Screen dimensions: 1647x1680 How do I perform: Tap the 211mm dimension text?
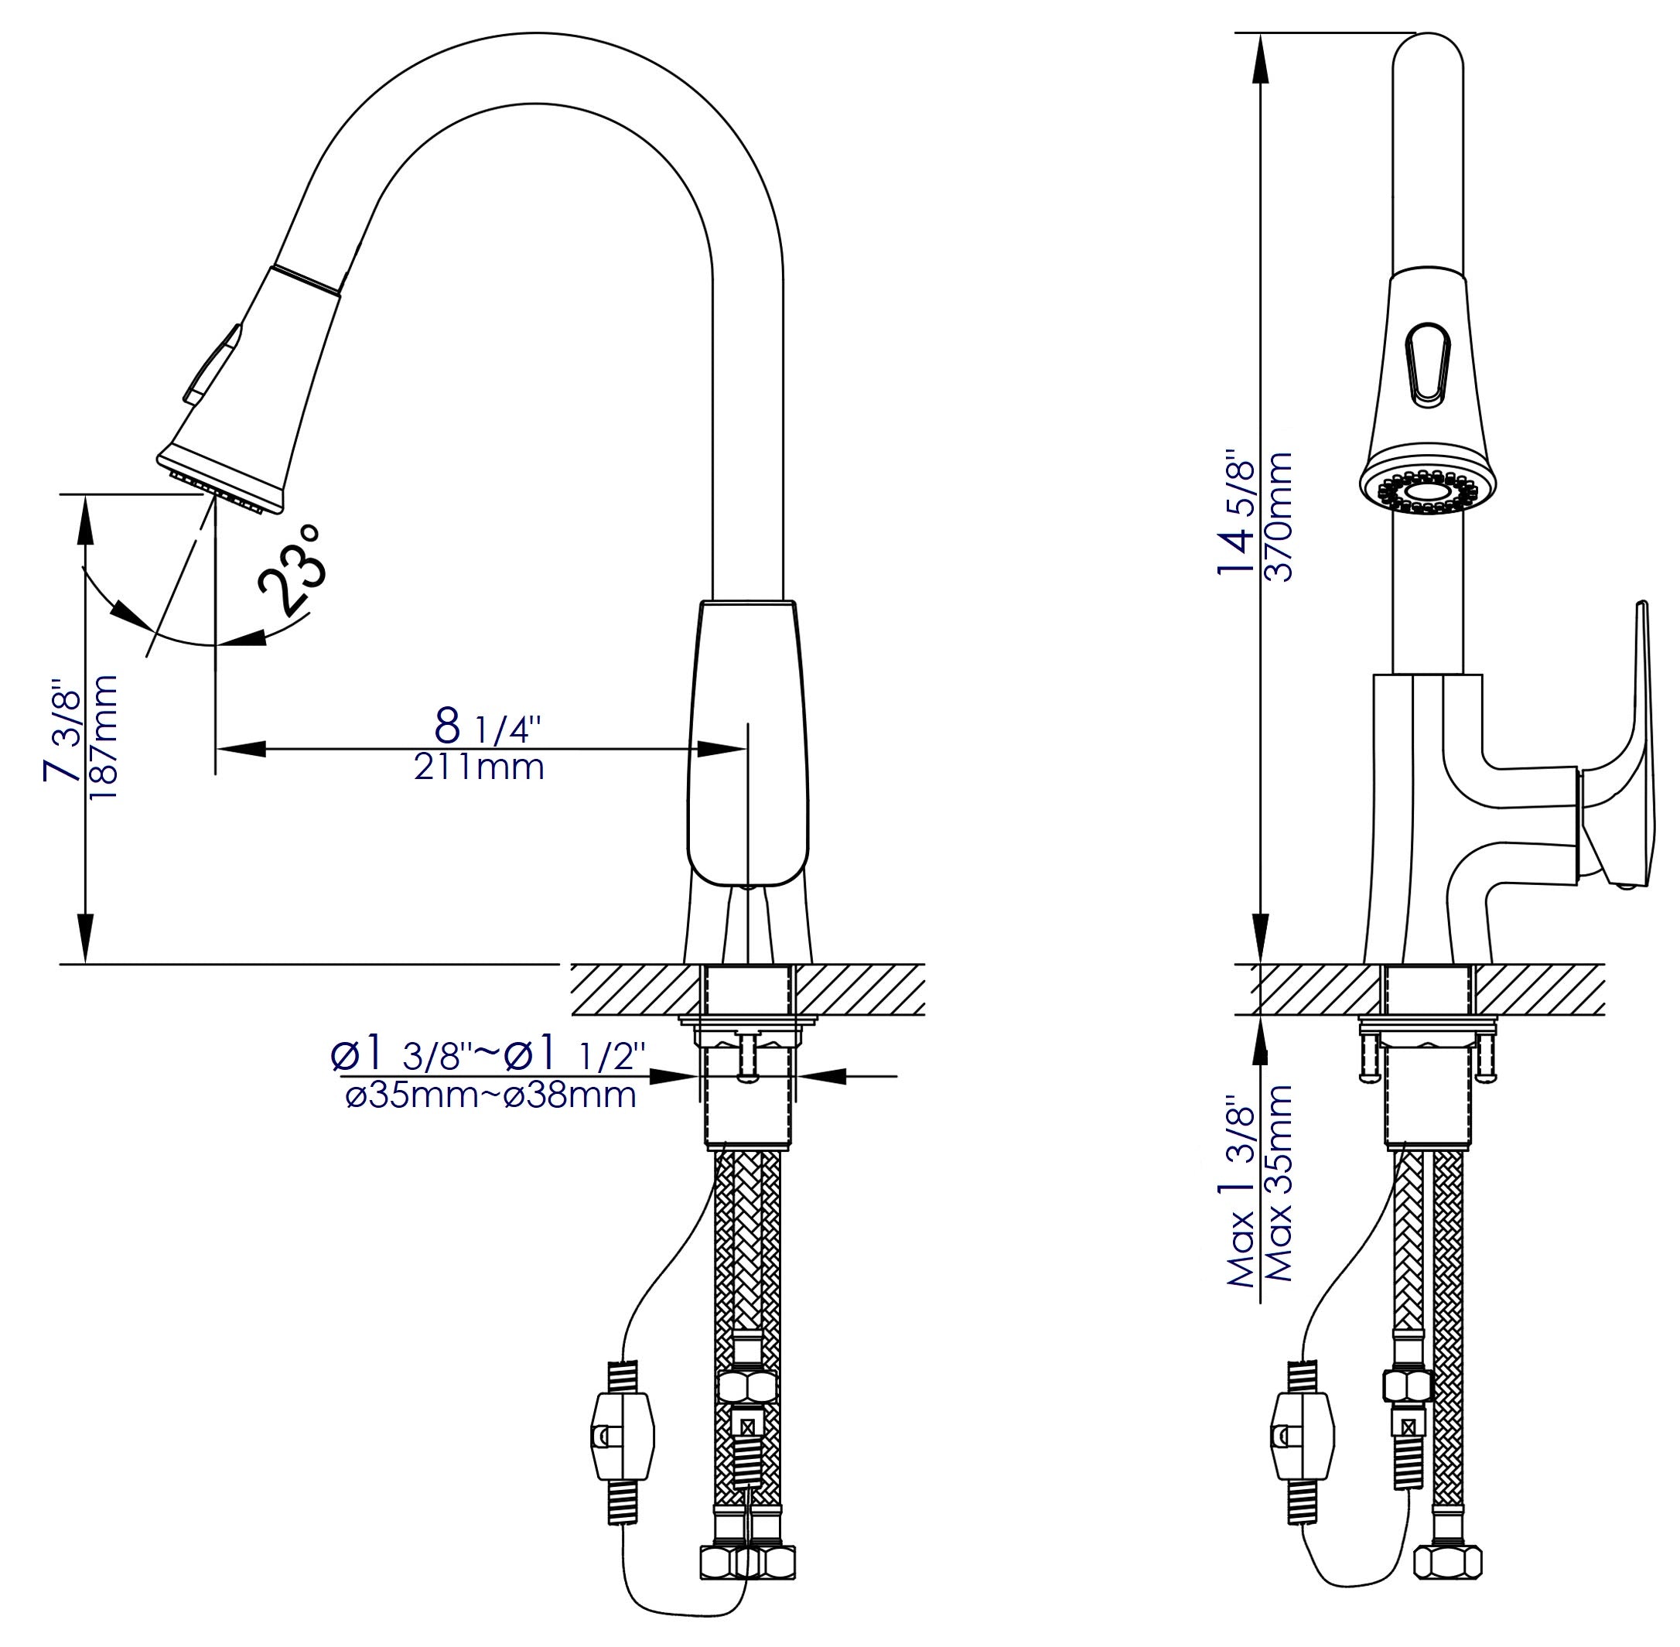click(x=478, y=767)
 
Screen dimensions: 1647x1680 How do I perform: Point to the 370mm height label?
click(x=1278, y=517)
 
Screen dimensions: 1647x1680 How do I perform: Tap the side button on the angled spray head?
click(x=211, y=364)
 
